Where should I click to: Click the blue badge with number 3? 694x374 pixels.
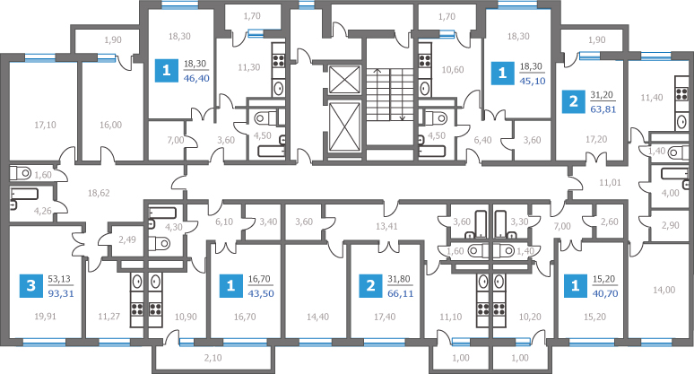coord(31,286)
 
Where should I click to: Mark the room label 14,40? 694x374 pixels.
coord(317,316)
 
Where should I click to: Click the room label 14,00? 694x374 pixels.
coord(664,291)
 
